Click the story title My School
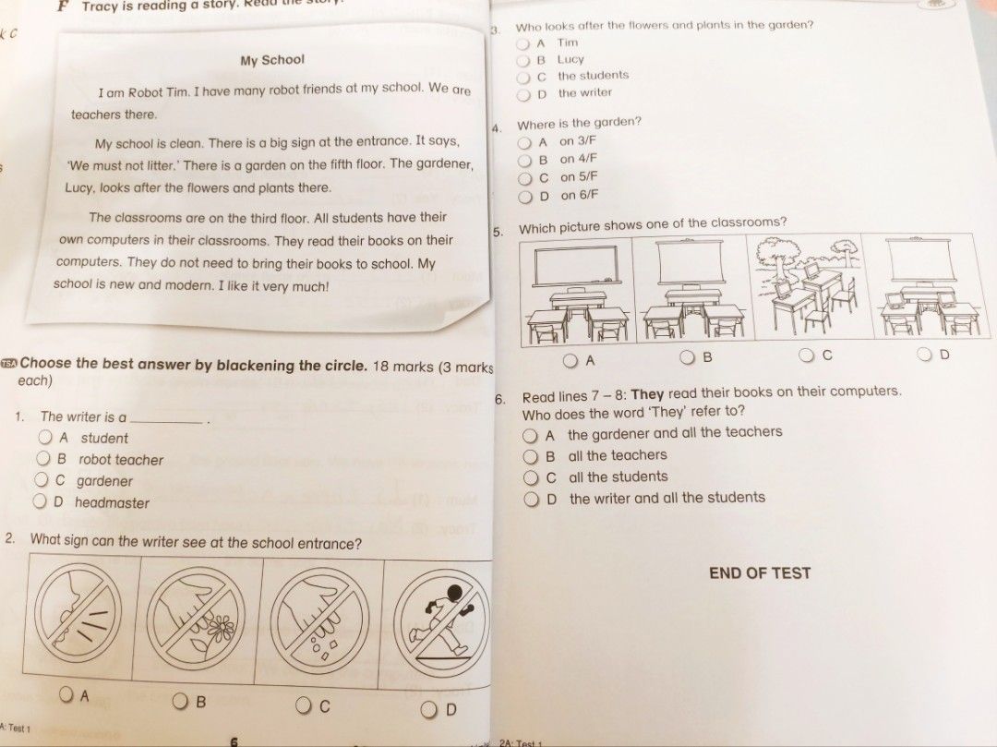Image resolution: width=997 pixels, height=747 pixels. [271, 60]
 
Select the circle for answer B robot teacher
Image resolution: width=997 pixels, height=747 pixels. [43, 459]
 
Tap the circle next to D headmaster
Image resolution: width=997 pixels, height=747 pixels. [40, 501]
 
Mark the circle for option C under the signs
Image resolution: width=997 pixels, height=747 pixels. [304, 706]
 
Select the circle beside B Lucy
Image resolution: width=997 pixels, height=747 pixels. [523, 60]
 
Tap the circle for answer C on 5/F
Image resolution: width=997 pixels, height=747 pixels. [524, 177]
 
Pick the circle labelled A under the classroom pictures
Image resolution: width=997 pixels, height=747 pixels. [572, 359]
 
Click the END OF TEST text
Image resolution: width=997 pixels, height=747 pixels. [759, 573]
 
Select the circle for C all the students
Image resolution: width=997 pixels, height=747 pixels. [529, 477]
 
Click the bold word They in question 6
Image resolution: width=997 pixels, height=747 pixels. [647, 392]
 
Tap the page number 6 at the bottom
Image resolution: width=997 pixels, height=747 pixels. [234, 741]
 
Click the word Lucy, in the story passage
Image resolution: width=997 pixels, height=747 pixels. [81, 187]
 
